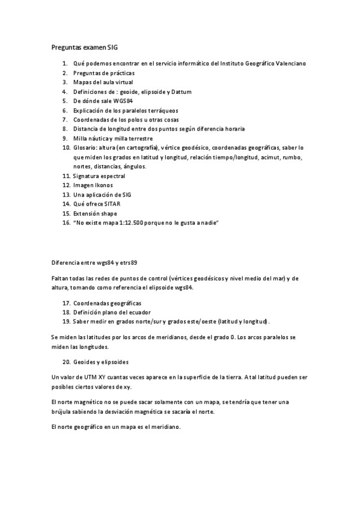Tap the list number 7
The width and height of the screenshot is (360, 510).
point(65,119)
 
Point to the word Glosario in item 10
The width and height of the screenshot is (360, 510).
point(85,147)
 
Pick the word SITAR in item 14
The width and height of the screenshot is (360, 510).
point(112,204)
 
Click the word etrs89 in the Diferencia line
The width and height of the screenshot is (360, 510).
point(128,263)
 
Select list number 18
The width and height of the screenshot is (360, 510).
point(66,313)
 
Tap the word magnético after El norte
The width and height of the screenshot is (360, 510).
point(95,401)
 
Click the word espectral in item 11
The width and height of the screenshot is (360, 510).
point(111,176)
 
